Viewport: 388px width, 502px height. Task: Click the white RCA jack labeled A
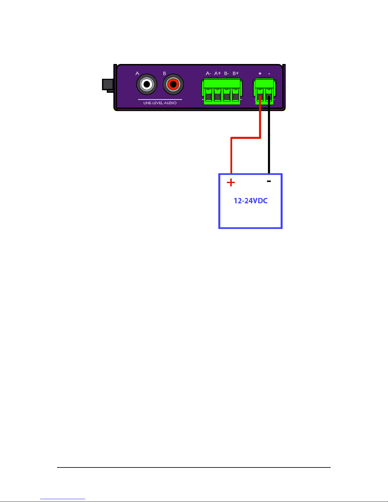point(147,84)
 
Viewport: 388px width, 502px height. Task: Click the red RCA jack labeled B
point(173,84)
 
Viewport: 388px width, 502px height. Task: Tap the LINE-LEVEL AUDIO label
point(160,103)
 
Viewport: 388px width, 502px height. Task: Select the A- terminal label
point(208,73)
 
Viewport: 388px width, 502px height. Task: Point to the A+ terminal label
point(217,73)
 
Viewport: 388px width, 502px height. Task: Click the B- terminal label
point(226,73)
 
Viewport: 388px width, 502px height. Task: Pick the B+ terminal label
point(236,73)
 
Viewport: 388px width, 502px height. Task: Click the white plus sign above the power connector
point(260,73)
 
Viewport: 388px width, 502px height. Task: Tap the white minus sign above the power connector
point(269,74)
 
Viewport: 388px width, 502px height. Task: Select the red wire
point(246,138)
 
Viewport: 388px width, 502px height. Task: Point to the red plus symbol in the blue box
point(231,182)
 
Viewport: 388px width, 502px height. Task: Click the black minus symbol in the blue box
point(269,181)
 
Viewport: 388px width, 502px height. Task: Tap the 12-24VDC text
point(251,201)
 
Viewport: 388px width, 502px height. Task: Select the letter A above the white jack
point(137,73)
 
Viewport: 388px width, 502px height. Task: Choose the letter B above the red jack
point(164,73)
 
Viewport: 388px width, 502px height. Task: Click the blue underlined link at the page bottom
point(63,499)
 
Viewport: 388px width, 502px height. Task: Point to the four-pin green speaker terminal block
point(222,92)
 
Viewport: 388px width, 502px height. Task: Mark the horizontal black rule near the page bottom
point(194,467)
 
